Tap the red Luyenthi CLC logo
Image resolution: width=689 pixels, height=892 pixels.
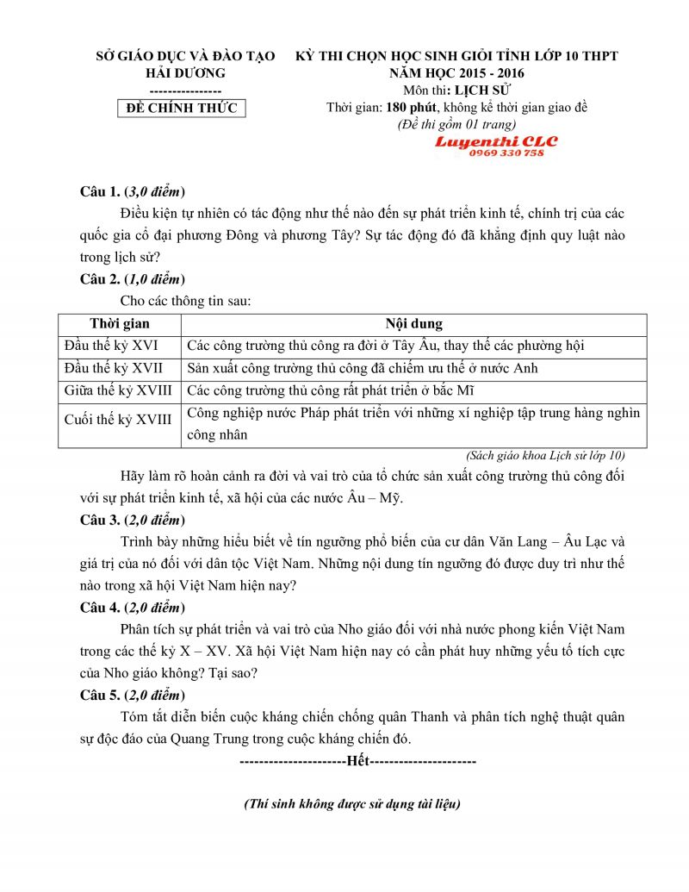[495, 141]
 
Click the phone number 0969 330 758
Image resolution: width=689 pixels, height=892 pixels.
[506, 153]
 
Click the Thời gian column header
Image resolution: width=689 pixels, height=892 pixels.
[119, 324]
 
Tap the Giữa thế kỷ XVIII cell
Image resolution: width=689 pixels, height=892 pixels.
[118, 390]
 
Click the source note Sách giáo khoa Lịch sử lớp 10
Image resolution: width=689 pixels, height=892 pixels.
[545, 455]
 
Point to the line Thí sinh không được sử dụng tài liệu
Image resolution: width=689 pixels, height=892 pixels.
[352, 804]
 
